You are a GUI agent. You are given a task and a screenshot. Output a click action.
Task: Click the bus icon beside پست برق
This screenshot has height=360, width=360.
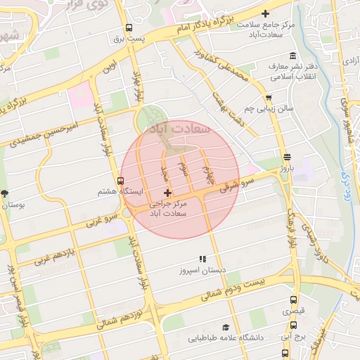point(128,28)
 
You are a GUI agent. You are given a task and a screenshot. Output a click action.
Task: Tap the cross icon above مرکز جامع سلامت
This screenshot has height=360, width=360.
point(265,13)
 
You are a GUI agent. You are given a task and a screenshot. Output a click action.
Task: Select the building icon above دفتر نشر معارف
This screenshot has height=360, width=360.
point(293,56)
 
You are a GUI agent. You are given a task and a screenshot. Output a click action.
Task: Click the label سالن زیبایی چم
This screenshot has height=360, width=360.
point(268,109)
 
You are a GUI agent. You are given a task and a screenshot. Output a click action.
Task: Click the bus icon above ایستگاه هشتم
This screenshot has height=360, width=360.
point(120,181)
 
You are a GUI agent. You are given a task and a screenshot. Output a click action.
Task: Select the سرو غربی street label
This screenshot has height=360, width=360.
point(100,220)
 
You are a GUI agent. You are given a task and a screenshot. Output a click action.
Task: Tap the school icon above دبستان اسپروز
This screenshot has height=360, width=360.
point(202,259)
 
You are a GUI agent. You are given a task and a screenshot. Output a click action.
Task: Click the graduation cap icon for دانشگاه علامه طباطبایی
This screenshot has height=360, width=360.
point(226,327)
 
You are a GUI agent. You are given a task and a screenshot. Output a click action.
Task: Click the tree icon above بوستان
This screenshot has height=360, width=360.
point(6,193)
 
